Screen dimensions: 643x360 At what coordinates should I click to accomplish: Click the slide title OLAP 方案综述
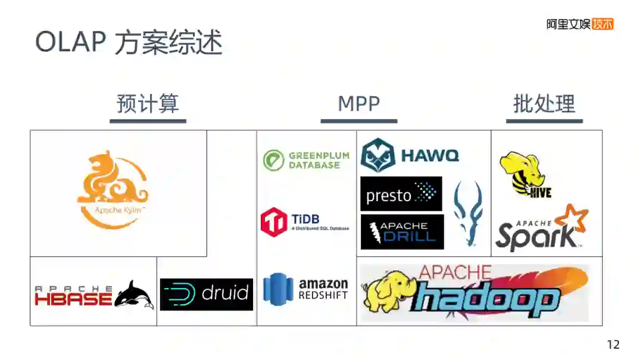pyautogui.click(x=129, y=42)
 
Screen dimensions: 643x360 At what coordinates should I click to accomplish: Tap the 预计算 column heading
pyautogui.click(x=148, y=104)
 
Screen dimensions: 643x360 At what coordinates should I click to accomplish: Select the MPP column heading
pyautogui.click(x=358, y=104)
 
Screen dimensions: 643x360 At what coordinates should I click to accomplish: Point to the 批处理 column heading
pyautogui.click(x=544, y=104)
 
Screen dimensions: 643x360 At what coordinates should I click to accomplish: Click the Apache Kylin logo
pyautogui.click(x=113, y=190)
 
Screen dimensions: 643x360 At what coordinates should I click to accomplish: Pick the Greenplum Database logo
pyautogui.click(x=306, y=160)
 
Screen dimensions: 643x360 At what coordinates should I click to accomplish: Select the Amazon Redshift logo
pyautogui.click(x=305, y=289)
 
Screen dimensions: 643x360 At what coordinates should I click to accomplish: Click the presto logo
pyautogui.click(x=401, y=194)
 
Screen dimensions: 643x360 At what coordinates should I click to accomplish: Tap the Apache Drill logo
pyautogui.click(x=402, y=231)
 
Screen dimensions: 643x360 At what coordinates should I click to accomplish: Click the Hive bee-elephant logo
pyautogui.click(x=524, y=174)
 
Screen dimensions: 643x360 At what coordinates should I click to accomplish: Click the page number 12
pyautogui.click(x=613, y=345)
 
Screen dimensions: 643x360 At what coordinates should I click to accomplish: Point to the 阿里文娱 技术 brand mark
pyautogui.click(x=579, y=24)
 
